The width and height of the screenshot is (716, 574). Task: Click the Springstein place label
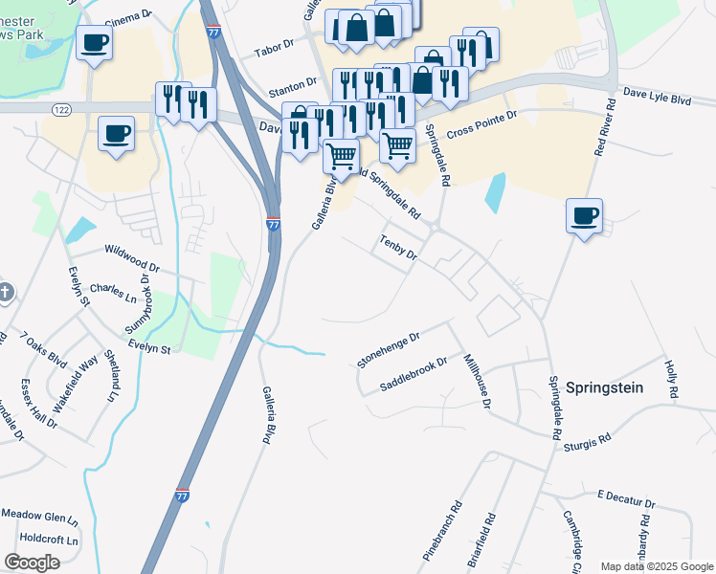(604, 387)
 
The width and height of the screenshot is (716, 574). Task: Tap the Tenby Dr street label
(398, 248)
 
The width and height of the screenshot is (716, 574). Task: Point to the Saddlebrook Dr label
(414, 375)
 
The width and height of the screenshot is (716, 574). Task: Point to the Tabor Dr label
(271, 53)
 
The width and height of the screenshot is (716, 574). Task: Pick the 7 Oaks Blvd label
(44, 350)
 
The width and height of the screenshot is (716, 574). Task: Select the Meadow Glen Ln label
(38, 517)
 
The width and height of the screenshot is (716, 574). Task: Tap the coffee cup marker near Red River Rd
(583, 216)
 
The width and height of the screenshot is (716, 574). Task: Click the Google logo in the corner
(32, 563)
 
